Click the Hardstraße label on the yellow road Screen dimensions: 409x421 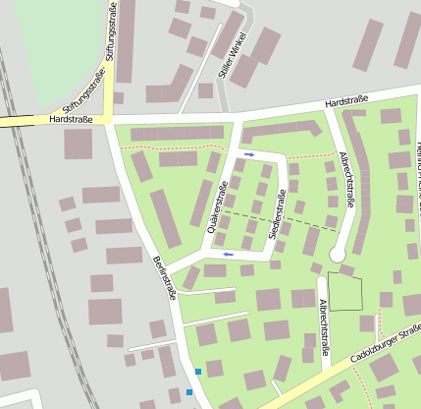point(72,119)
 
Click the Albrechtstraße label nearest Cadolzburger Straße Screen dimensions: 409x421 point(324,328)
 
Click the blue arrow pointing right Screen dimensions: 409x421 point(249,153)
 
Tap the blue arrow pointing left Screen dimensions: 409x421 point(229,255)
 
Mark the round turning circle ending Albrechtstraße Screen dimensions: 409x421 point(338,254)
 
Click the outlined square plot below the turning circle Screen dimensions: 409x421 point(344,292)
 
